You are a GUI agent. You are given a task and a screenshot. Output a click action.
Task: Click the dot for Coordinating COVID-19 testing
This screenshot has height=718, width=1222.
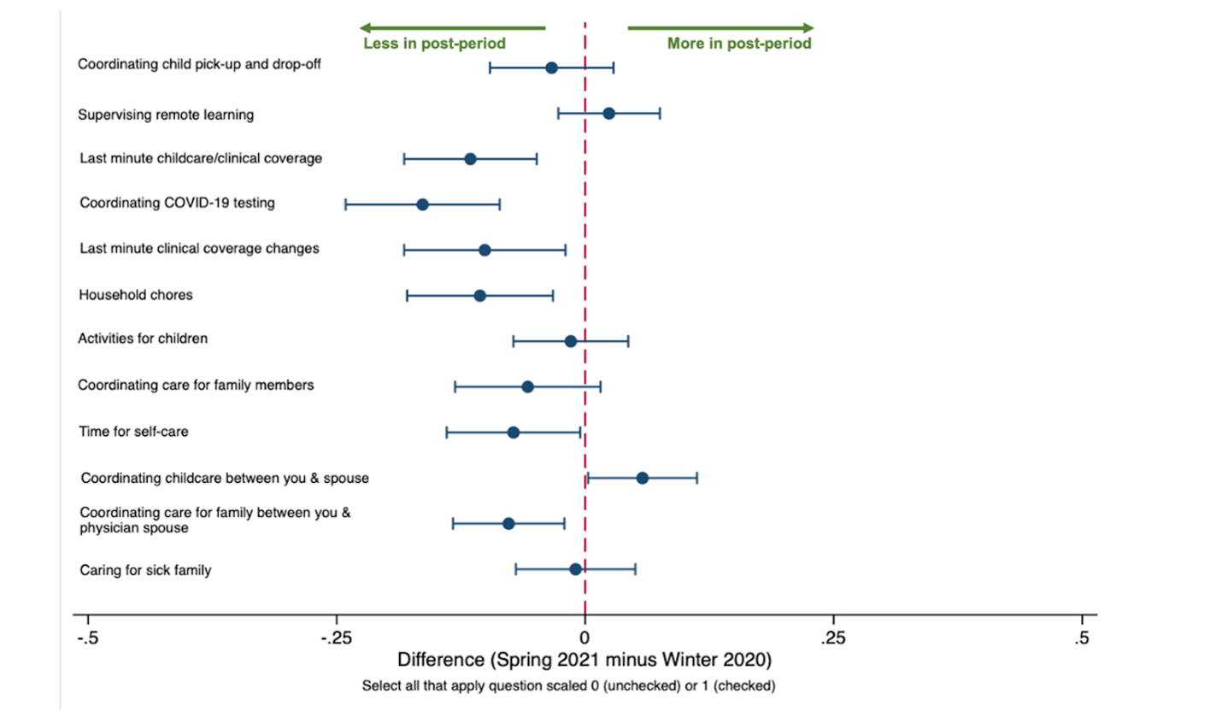pyautogui.click(x=422, y=204)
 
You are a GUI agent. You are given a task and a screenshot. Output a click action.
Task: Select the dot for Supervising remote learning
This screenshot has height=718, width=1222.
pyautogui.click(x=608, y=114)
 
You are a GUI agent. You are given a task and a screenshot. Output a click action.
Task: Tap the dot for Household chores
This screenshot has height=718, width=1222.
pyautogui.click(x=479, y=296)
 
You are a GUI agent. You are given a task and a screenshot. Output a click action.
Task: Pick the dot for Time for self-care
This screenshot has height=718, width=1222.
pyautogui.click(x=513, y=433)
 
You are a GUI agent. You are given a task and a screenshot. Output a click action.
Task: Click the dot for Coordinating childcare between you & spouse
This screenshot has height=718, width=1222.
pyautogui.click(x=642, y=478)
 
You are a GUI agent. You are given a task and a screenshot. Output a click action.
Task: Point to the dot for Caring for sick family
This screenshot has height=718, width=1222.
pyautogui.click(x=575, y=569)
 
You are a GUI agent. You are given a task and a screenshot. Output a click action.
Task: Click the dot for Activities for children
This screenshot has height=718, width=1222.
pyautogui.click(x=570, y=341)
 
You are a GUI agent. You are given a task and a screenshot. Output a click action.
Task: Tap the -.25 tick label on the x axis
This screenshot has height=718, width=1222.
pyautogui.click(x=336, y=638)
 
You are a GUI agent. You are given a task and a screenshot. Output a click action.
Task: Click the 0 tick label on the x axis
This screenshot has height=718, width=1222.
pyautogui.click(x=585, y=638)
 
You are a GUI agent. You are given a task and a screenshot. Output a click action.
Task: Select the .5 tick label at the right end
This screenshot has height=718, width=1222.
pyautogui.click(x=1082, y=638)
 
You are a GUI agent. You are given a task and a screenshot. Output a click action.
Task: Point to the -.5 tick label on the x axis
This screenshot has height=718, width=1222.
pyautogui.click(x=87, y=638)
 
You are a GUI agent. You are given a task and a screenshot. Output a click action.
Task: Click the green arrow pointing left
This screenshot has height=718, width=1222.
pyautogui.click(x=452, y=27)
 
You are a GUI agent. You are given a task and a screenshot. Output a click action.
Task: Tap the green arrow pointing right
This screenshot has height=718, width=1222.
pyautogui.click(x=720, y=27)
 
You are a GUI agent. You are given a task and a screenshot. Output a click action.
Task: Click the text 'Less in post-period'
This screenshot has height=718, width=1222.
pyautogui.click(x=434, y=44)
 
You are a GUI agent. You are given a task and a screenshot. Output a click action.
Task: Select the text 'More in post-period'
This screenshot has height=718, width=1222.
pyautogui.click(x=739, y=44)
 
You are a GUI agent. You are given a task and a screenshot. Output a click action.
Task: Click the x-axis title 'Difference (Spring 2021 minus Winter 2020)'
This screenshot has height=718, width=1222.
pyautogui.click(x=585, y=660)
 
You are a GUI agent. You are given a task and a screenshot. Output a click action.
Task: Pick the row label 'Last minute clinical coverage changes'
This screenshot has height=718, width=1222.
pyautogui.click(x=199, y=249)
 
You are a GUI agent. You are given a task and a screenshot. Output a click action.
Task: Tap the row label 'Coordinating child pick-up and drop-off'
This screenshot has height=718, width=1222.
pyautogui.click(x=199, y=64)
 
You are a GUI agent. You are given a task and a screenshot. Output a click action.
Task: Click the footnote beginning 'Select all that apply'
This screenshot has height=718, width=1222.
pyautogui.click(x=568, y=686)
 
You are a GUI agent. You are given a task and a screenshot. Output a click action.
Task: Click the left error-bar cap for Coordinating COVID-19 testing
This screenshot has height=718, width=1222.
pyautogui.click(x=345, y=204)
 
